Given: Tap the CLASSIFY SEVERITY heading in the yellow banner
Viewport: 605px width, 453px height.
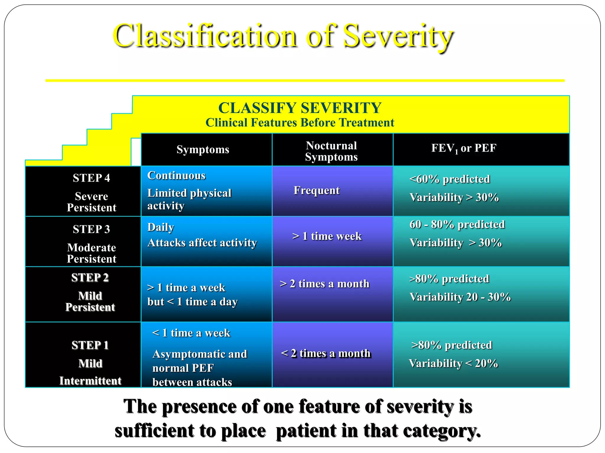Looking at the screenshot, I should (x=300, y=108).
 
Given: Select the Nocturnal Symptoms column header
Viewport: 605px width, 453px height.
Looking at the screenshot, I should (x=331, y=151).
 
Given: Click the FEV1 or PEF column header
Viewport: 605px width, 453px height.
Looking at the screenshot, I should (x=463, y=148).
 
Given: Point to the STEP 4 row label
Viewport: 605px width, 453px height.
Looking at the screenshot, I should (x=91, y=178).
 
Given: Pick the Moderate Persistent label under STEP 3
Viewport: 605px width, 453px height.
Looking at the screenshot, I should (x=91, y=253).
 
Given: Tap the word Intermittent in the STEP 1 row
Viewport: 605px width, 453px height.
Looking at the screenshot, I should (x=90, y=381).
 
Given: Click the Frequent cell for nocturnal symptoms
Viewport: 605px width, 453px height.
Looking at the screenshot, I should (x=317, y=191).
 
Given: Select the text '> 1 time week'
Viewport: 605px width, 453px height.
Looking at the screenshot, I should (x=327, y=236).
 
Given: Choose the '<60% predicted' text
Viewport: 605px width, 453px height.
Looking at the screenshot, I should (x=450, y=179).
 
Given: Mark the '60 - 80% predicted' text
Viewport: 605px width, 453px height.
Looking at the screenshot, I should (x=457, y=224).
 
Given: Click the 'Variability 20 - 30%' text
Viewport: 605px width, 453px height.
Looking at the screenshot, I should (x=460, y=297).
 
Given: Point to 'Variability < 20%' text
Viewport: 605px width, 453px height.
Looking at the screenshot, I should (x=453, y=363).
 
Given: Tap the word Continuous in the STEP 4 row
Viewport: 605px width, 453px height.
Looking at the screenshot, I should (x=176, y=175).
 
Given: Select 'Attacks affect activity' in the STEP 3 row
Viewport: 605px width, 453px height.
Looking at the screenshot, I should (x=202, y=243).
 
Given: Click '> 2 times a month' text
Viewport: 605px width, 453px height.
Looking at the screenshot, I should (x=324, y=284).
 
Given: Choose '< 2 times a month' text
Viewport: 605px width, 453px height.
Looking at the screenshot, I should (x=326, y=353).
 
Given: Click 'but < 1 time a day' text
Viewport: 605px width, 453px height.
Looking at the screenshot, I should (x=192, y=302).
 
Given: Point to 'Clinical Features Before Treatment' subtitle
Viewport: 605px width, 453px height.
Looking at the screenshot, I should (x=300, y=123).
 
